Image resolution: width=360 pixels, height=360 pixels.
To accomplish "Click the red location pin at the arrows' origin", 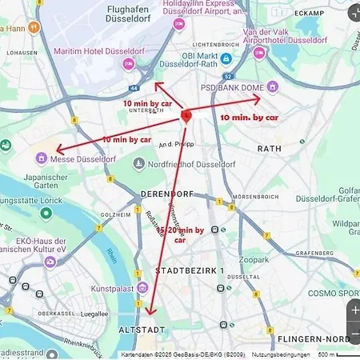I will click(x=186, y=115).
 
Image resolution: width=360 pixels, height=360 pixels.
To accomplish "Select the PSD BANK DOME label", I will click(x=239, y=86).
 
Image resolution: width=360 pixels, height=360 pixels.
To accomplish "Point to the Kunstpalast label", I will click(x=114, y=286).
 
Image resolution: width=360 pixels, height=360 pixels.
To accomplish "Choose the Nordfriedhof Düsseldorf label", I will click(x=184, y=163).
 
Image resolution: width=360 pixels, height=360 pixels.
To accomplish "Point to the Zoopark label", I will click(x=254, y=259).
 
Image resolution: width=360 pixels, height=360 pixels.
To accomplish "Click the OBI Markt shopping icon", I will click(x=226, y=59).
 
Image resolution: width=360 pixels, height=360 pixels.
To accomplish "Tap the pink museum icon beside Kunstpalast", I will click(x=142, y=286).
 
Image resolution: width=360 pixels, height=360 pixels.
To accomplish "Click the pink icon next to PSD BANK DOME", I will click(x=273, y=86).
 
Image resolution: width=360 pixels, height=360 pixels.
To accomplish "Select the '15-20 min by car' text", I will click(x=181, y=234).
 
